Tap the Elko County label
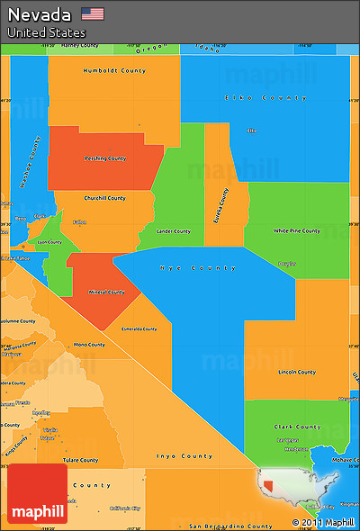(253, 97)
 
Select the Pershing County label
(105, 157)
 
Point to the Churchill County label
(104, 198)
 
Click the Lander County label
(174, 231)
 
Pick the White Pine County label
(295, 230)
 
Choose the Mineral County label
(106, 292)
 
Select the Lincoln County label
(297, 372)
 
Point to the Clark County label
(297, 427)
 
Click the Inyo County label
(184, 456)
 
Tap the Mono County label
(88, 345)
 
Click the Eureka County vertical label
(220, 204)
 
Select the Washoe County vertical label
(31, 162)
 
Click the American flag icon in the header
(92, 13)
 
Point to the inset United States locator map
(307, 490)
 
